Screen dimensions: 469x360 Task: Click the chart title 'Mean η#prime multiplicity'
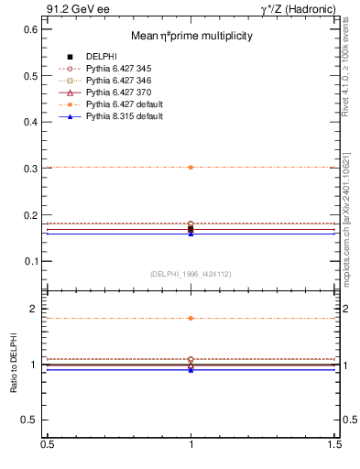191,36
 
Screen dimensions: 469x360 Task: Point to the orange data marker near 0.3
191,167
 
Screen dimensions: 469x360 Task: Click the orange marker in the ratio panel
191,318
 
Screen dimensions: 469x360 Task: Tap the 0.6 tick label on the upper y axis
30,29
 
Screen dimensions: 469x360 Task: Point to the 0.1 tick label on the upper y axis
30,261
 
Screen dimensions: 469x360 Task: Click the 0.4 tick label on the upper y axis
30,122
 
